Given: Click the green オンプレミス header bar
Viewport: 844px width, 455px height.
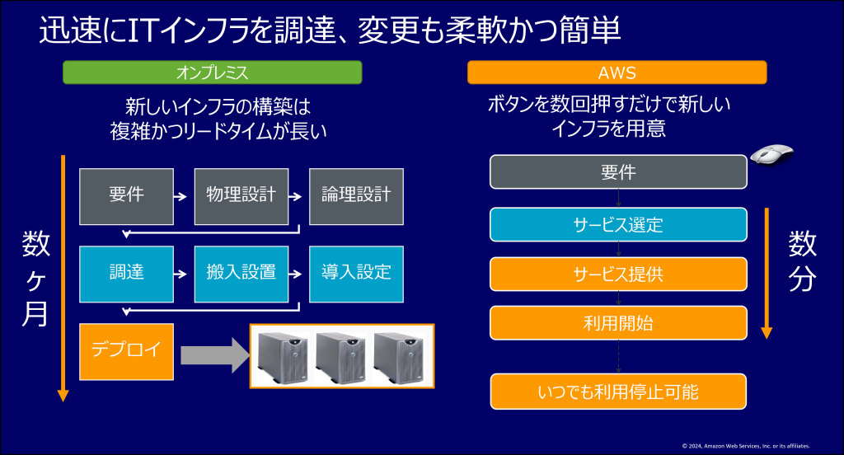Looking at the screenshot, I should [x=213, y=73].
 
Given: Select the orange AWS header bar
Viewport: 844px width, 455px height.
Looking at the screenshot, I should [x=617, y=73].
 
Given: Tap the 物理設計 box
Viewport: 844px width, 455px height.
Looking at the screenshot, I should [x=241, y=196].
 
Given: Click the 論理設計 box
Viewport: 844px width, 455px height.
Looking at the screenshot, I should [x=356, y=196].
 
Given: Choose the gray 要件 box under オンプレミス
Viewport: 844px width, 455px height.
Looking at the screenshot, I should [x=126, y=196].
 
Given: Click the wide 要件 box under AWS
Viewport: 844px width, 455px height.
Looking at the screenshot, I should [x=618, y=171].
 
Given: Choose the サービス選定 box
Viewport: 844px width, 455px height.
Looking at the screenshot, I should [x=618, y=224].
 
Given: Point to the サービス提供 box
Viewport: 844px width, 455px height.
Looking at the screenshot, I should [x=618, y=274].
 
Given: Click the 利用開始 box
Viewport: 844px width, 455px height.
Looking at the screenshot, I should [x=618, y=323].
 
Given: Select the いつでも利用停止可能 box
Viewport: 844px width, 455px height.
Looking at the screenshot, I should [x=618, y=392].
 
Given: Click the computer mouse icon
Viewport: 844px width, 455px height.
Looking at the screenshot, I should [x=772, y=154].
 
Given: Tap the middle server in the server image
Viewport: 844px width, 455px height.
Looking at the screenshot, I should [x=341, y=356].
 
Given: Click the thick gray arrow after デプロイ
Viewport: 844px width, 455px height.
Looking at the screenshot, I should [x=213, y=355].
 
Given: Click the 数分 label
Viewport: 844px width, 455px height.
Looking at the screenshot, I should [x=802, y=261].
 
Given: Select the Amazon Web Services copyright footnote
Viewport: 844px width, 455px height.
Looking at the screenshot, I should [x=745, y=445].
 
